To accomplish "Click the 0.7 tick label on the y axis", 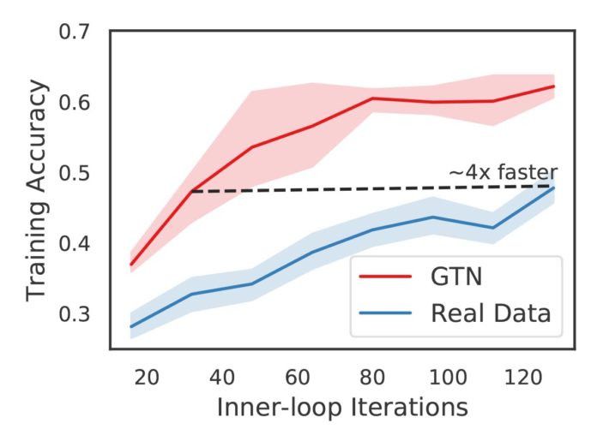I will pos(75,33).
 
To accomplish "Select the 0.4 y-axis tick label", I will pos(75,244).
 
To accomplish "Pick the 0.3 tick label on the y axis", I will pos(75,315).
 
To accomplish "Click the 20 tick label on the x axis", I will pos(146,374).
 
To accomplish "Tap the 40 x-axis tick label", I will pos(221,374).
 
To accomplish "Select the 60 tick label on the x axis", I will pos(297,374).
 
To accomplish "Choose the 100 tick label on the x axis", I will pos(448,374).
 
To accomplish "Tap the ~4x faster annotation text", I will pos(504,172).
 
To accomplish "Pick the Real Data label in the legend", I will pos(490,313).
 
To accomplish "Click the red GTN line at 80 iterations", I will pos(372,98).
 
